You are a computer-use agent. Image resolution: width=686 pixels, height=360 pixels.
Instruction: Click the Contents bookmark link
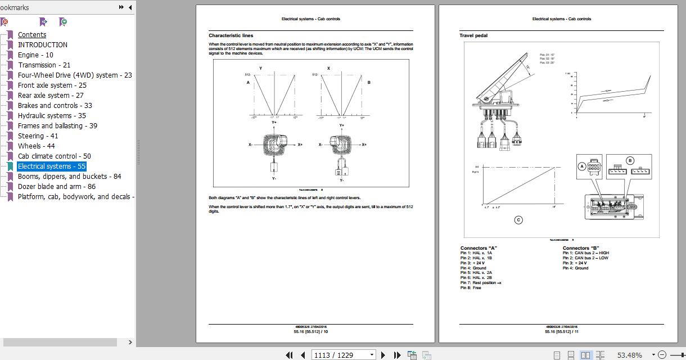(x=32, y=34)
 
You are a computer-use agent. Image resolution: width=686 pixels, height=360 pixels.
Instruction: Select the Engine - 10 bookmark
(x=35, y=55)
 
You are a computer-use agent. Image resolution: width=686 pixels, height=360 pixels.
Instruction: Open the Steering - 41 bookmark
(x=38, y=136)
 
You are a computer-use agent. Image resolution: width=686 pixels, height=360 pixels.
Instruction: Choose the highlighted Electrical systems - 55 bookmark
(x=51, y=166)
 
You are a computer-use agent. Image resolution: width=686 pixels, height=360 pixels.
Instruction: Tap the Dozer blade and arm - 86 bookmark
(x=56, y=186)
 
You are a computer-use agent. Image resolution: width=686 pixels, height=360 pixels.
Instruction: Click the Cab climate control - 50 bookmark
(x=54, y=156)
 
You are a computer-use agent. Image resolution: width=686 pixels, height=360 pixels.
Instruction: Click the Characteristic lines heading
(x=231, y=35)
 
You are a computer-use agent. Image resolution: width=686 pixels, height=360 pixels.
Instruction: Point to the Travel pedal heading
(x=473, y=35)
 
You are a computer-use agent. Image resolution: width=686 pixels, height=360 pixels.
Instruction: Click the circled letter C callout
(x=518, y=220)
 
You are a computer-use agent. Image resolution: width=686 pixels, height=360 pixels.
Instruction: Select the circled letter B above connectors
(x=630, y=160)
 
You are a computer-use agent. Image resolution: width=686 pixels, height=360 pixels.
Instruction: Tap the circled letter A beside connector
(x=581, y=166)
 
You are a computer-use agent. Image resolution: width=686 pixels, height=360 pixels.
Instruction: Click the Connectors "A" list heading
(x=479, y=248)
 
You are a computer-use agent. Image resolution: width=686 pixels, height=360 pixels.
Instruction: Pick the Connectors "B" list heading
(x=581, y=248)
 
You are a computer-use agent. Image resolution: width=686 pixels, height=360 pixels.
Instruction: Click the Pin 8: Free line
(x=471, y=288)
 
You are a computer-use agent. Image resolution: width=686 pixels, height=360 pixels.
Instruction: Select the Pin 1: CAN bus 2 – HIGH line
(x=585, y=253)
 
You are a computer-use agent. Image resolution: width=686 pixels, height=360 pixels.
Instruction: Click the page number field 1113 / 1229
(x=344, y=355)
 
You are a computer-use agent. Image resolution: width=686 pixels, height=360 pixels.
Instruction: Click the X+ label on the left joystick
(x=300, y=145)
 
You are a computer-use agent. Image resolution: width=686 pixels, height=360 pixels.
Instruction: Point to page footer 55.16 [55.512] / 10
(x=310, y=331)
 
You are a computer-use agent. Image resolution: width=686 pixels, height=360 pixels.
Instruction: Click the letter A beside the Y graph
(x=248, y=83)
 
